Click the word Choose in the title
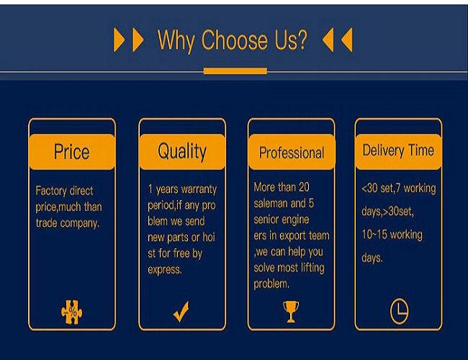click(234, 40)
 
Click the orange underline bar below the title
click(235, 71)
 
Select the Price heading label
click(71, 152)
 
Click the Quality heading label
click(182, 152)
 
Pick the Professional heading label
click(292, 153)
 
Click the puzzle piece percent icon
click(71, 312)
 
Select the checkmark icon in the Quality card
click(181, 311)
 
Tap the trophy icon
click(291, 311)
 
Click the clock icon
click(399, 311)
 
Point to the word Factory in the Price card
click(50, 191)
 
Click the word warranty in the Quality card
click(199, 189)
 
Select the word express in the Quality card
click(164, 270)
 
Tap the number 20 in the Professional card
click(304, 187)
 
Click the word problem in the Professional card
click(271, 284)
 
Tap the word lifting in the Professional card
click(312, 268)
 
